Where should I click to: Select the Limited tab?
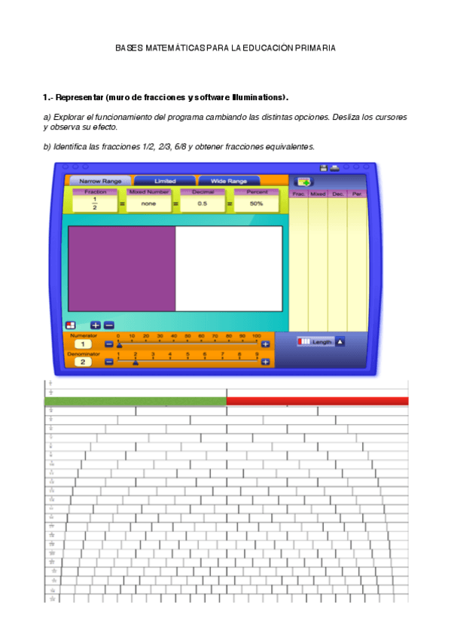coord(164,182)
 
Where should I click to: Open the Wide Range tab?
coord(228,182)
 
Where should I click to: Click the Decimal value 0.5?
coord(203,203)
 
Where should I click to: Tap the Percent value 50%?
coord(256,203)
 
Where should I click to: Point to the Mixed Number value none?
coord(148,203)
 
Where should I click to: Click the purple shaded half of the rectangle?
coord(122,268)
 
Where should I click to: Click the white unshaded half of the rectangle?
coord(229,268)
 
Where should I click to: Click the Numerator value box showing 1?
coord(84,344)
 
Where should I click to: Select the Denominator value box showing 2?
coord(84,362)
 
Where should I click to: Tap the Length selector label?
coord(321,342)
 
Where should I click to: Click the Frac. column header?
coord(299,194)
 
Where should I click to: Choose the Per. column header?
coord(356,194)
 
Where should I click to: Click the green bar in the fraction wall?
coord(136,401)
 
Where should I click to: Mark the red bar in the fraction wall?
coord(317,401)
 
